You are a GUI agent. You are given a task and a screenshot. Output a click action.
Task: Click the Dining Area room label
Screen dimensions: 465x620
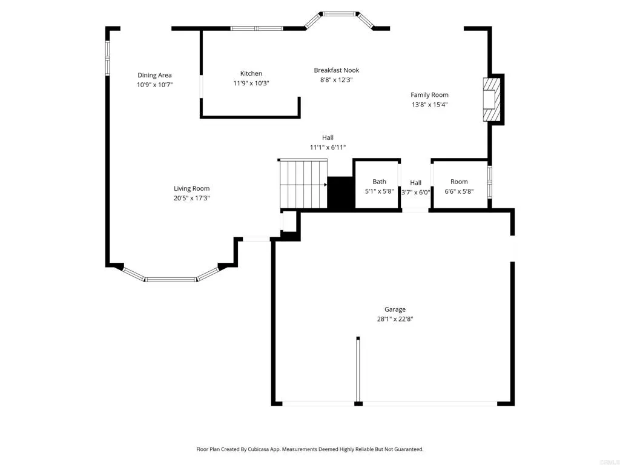pos(154,75)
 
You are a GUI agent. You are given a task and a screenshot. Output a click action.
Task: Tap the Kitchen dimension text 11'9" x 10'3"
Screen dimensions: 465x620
pos(251,83)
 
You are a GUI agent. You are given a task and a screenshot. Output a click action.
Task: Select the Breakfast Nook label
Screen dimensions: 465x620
pos(336,70)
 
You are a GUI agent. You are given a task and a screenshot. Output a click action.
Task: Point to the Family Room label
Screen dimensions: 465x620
pos(429,94)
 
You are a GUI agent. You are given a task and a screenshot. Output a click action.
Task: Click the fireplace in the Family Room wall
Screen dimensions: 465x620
pos(493,99)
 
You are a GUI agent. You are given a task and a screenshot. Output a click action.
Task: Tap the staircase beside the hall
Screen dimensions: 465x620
pos(302,185)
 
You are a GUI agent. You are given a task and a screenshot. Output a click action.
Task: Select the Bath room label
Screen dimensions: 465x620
pos(379,182)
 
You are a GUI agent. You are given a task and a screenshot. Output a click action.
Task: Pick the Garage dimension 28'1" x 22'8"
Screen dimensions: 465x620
pos(395,319)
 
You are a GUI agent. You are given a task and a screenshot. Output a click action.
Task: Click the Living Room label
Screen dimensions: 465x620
pos(191,188)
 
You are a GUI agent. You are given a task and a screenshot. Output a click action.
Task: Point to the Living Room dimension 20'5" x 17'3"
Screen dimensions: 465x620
pos(191,198)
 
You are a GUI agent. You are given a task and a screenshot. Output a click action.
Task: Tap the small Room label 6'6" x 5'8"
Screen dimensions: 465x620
pos(459,191)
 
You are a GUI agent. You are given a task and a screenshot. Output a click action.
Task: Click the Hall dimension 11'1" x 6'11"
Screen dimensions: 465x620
pos(328,147)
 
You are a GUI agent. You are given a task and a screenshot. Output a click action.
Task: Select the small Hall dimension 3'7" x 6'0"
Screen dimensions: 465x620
pos(415,192)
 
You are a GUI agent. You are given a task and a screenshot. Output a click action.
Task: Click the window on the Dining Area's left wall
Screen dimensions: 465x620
pos(107,58)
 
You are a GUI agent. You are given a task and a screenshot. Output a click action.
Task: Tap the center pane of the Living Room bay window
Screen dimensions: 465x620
pos(171,280)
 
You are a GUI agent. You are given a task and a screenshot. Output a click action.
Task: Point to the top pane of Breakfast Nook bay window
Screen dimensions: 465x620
pos(340,13)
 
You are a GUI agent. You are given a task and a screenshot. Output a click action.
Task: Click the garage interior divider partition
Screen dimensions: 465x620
pos(358,369)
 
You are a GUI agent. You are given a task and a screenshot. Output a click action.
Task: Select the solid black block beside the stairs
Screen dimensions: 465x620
pos(340,193)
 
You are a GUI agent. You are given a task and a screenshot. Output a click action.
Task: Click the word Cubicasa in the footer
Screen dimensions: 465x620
pos(265,449)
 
